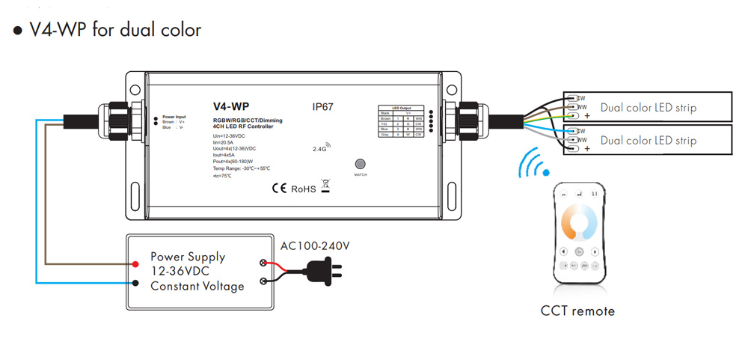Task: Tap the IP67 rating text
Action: click(322, 107)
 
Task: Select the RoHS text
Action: click(304, 189)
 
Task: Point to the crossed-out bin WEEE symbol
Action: click(325, 187)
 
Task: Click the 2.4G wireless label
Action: click(321, 148)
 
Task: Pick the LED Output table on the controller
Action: click(402, 122)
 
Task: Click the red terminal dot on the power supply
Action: click(136, 264)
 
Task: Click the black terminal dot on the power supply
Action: click(136, 283)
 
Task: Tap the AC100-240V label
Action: click(315, 245)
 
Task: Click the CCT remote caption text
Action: click(577, 311)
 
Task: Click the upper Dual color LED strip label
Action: click(648, 107)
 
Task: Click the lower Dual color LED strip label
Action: click(648, 140)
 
